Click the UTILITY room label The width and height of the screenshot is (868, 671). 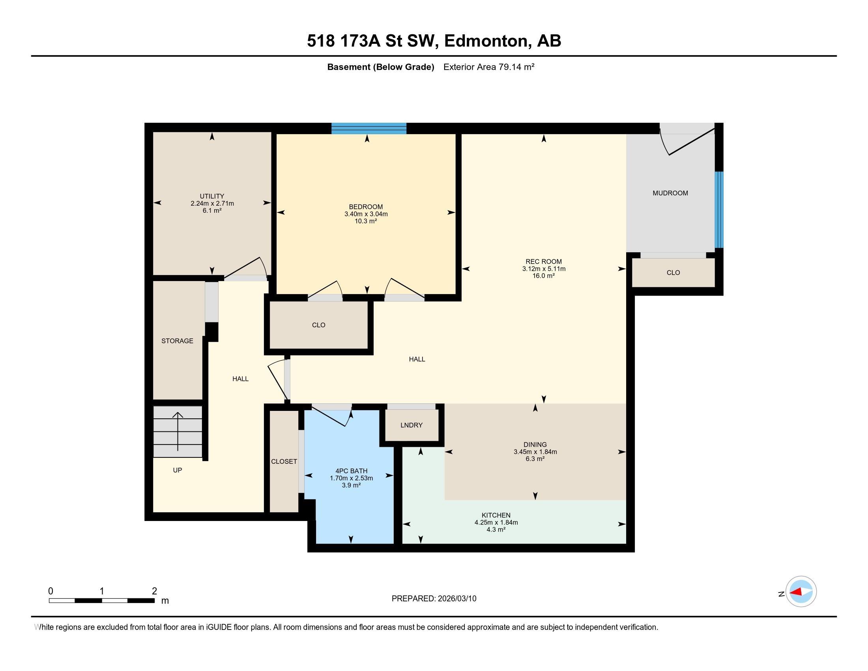pyautogui.click(x=212, y=196)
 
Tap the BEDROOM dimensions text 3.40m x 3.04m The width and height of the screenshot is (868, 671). pyautogui.click(x=366, y=214)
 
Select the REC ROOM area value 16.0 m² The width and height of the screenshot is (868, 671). pyautogui.click(x=544, y=276)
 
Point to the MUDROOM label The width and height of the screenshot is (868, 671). pyautogui.click(x=670, y=193)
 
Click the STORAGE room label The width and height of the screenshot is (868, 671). pyautogui.click(x=177, y=341)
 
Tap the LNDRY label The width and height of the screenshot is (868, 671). pyautogui.click(x=412, y=425)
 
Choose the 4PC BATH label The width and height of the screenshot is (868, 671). pyautogui.click(x=351, y=471)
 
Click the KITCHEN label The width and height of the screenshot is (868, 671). pyautogui.click(x=496, y=515)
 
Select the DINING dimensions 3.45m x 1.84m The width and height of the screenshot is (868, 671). pyautogui.click(x=535, y=452)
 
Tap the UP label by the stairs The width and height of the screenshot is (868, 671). pyautogui.click(x=177, y=470)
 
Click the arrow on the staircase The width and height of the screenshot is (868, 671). pyautogui.click(x=178, y=432)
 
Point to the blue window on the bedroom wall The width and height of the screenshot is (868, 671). pyautogui.click(x=369, y=128)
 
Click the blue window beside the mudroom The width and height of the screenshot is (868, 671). pyautogui.click(x=719, y=210)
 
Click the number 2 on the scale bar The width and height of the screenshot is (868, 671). pyautogui.click(x=154, y=591)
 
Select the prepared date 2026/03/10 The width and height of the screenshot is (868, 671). pyautogui.click(x=456, y=599)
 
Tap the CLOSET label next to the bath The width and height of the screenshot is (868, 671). pyautogui.click(x=284, y=461)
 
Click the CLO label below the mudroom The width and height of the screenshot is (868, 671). pyautogui.click(x=673, y=273)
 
